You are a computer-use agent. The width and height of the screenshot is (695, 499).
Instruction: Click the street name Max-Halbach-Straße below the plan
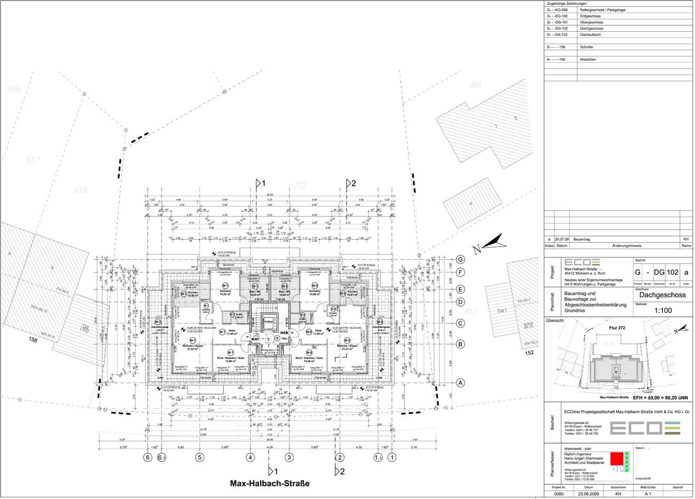269,484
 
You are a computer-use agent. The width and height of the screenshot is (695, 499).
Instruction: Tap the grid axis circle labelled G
461,260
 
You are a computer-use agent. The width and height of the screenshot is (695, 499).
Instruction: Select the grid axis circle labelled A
461,383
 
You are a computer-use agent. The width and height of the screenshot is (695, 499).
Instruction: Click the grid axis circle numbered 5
199,458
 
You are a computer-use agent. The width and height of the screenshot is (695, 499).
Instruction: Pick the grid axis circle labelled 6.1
161,458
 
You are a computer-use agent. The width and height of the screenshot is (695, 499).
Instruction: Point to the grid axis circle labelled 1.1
378,458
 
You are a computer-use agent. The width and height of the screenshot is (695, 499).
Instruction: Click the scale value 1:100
662,310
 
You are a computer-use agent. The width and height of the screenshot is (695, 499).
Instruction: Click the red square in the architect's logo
616,458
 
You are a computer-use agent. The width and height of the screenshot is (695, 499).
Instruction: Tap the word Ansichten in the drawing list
587,60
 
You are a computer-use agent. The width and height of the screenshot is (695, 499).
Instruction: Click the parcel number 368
475,84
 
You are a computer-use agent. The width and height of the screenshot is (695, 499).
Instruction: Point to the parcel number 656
14,89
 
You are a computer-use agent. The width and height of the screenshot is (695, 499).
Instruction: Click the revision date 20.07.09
562,239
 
